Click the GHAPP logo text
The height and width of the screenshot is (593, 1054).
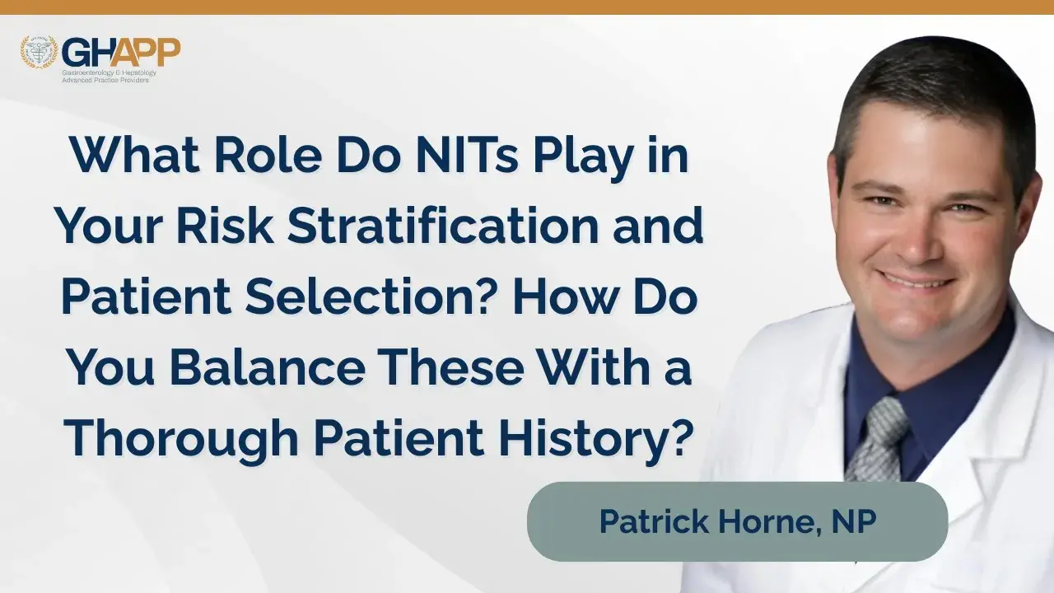click(x=121, y=52)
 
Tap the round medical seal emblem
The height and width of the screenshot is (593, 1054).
click(x=39, y=52)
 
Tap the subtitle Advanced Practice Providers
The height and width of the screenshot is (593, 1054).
click(x=105, y=81)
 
